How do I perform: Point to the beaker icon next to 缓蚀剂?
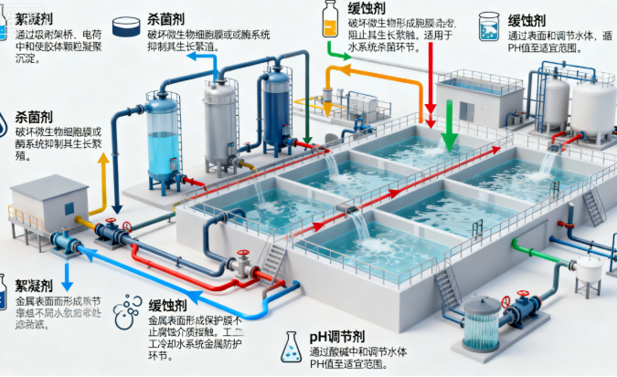pyautogui.click(x=489, y=24)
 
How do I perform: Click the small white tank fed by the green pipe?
pyautogui.click(x=589, y=273)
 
